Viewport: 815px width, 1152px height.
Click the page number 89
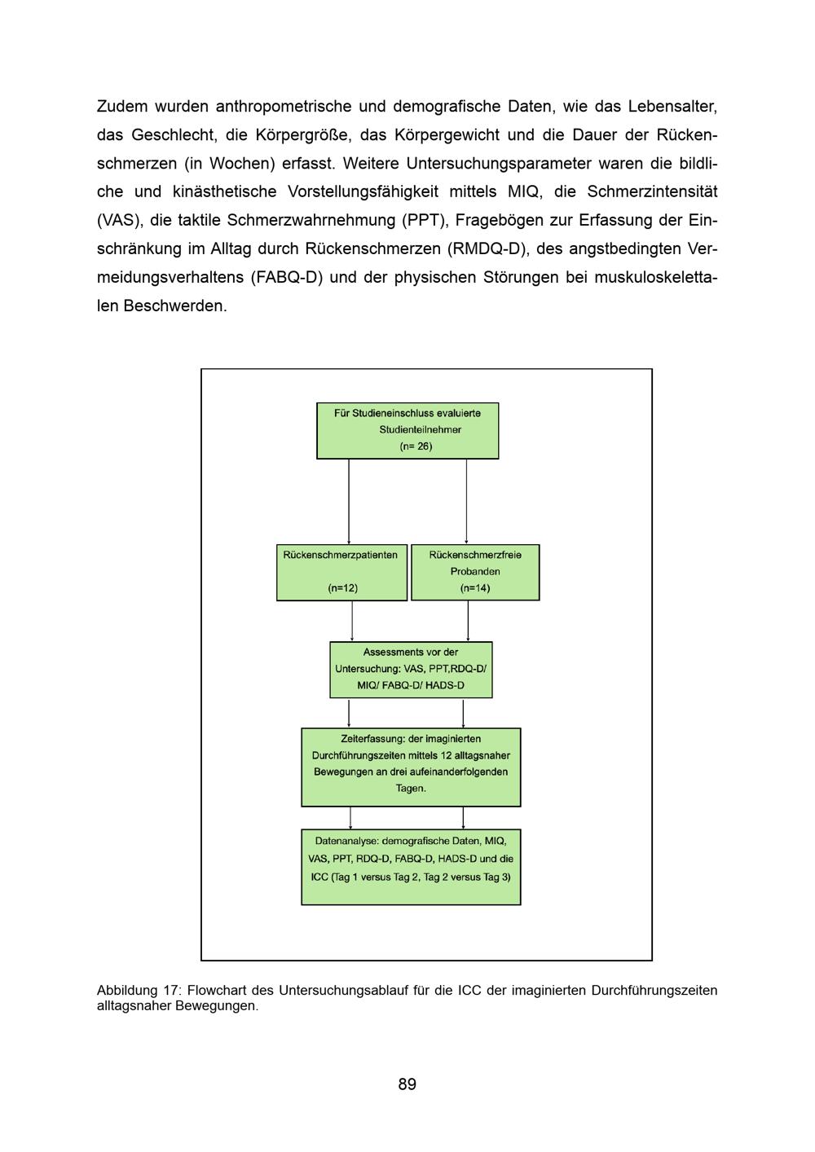[407, 1084]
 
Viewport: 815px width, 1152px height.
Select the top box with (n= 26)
[407, 430]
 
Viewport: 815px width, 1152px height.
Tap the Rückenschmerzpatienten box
[341, 572]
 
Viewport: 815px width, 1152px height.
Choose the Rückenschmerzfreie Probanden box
[475, 572]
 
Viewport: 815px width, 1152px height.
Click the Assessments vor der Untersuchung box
[411, 670]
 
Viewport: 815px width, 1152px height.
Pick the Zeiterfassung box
[411, 767]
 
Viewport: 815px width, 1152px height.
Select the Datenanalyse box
[411, 867]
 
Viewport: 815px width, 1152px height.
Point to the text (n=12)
[342, 588]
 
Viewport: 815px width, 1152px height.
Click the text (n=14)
[475, 588]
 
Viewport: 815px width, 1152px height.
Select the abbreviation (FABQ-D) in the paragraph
[287, 277]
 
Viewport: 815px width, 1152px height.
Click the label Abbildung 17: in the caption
[138, 991]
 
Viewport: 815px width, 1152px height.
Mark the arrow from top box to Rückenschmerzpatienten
[349, 501]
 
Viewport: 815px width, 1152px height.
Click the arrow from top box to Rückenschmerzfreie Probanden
[466, 501]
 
